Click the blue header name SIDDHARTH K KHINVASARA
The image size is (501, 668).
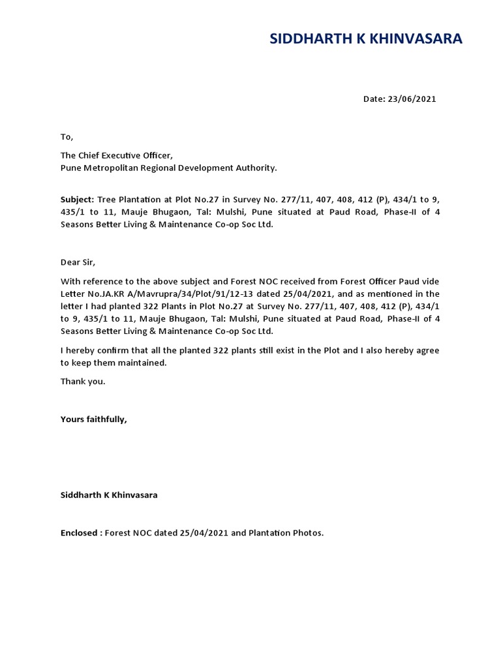point(366,39)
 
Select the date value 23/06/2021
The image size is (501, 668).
point(412,99)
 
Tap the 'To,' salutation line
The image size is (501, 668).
point(67,137)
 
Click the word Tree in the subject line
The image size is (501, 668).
point(106,199)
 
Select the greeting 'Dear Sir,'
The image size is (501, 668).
point(78,262)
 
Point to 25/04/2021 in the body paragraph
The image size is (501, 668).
point(311,294)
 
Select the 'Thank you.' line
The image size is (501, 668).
point(83,382)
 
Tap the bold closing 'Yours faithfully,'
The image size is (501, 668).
point(93,419)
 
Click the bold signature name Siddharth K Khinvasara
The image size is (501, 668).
point(109,495)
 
